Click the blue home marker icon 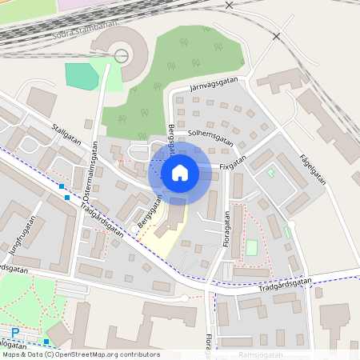pos(180,172)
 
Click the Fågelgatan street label pos(314,169)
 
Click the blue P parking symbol pos(14,332)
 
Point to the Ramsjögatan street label pos(261,352)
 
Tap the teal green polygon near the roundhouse pos(82,76)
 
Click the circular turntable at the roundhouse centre pos(122,55)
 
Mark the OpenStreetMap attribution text pos(80,354)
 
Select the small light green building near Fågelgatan pos(270,172)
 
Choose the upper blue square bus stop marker pos(62,186)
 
